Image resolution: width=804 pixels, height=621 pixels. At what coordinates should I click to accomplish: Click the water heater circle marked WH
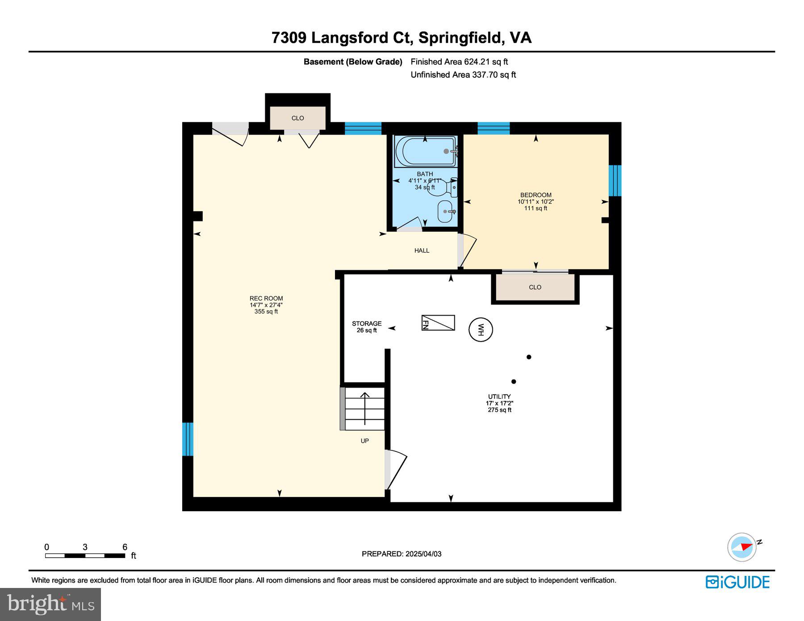(x=481, y=330)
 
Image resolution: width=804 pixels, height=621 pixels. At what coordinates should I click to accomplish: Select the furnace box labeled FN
(x=438, y=323)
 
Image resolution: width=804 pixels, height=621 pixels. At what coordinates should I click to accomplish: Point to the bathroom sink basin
(x=446, y=212)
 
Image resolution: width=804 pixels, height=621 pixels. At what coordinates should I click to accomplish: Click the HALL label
(x=422, y=250)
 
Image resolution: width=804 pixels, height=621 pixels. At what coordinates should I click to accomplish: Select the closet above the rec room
(x=298, y=118)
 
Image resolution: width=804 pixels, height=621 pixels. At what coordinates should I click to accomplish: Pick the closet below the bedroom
(x=535, y=288)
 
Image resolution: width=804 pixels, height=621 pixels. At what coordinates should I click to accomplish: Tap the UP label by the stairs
(x=365, y=441)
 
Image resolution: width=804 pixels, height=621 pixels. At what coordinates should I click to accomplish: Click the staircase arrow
(x=365, y=408)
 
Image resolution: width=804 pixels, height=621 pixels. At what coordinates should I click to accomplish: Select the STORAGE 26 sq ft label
(x=367, y=327)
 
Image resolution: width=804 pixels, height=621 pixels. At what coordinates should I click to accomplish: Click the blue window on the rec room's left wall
(x=188, y=439)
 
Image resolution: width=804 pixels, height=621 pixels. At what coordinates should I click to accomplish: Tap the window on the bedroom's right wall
(x=615, y=180)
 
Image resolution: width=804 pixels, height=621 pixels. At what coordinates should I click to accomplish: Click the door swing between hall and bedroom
(x=467, y=250)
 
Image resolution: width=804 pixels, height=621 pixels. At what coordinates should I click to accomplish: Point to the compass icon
(x=742, y=547)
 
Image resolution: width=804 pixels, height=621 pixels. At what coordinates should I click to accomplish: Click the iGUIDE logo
(x=737, y=582)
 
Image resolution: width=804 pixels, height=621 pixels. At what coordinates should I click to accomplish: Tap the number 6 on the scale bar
(x=125, y=547)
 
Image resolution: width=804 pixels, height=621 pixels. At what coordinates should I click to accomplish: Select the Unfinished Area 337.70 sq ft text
(x=463, y=75)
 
